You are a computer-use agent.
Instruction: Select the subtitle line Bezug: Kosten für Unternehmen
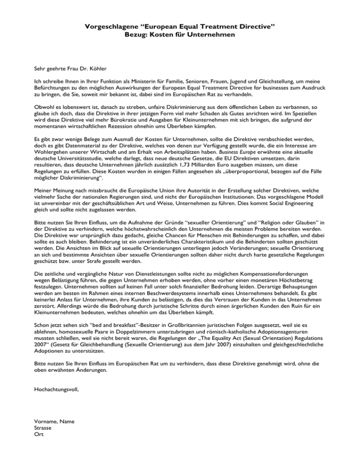point(180,35)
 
